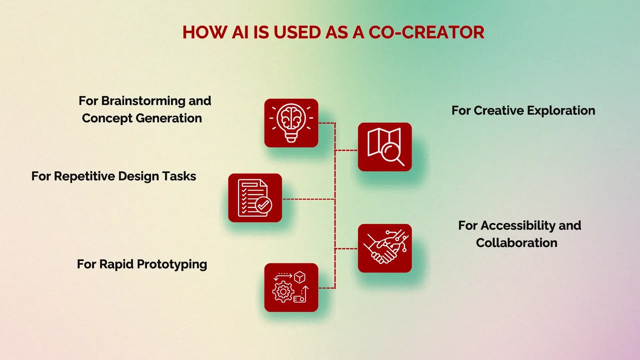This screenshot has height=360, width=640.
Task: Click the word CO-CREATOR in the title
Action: click(426, 32)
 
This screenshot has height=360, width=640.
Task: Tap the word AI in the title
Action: click(240, 32)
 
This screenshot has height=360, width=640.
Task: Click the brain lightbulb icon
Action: click(291, 123)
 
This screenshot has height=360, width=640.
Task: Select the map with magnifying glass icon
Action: click(385, 147)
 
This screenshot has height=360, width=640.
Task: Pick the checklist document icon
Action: click(255, 198)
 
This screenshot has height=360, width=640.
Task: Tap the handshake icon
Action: click(385, 248)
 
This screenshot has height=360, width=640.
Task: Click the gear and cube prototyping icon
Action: click(291, 287)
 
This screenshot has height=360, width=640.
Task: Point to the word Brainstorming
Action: click(143, 101)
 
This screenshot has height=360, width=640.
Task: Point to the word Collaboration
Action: click(516, 243)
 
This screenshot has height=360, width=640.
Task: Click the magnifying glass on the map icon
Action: click(392, 153)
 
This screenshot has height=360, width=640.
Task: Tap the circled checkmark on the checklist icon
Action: click(263, 205)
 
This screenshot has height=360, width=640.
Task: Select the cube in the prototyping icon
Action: click(300, 277)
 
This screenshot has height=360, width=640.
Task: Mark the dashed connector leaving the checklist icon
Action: click(308, 199)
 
